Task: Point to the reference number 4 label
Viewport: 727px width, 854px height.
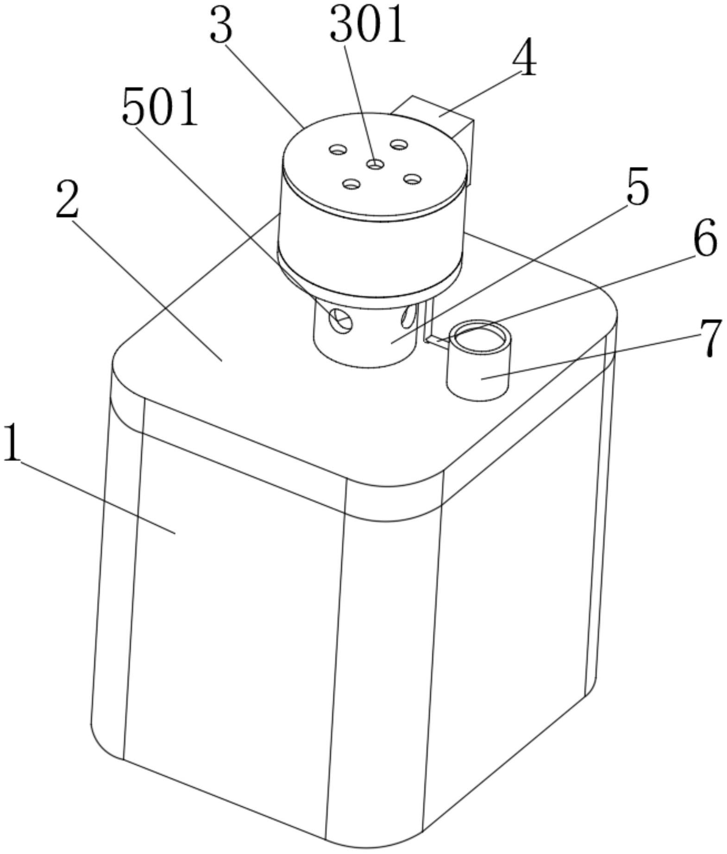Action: [x=524, y=60]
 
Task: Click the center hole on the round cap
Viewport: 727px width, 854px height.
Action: [x=375, y=164]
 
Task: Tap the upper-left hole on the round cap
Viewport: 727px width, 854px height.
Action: [x=338, y=149]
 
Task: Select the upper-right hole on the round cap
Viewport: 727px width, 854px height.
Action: [x=399, y=144]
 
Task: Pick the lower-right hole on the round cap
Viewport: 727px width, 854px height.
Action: [x=412, y=178]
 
